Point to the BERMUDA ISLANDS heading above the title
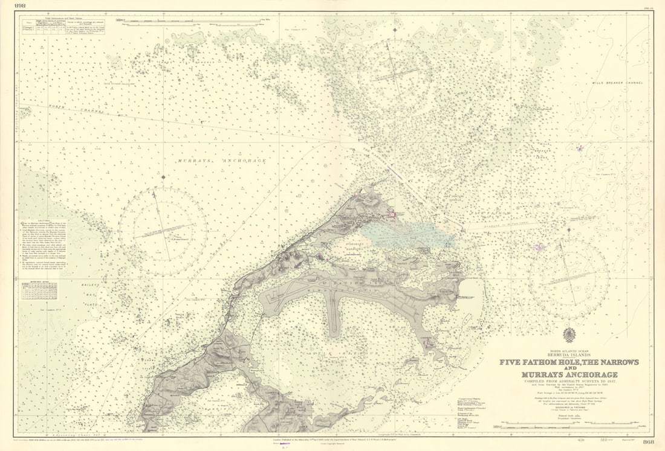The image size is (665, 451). [x=569, y=355]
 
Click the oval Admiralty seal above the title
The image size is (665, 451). [x=569, y=335]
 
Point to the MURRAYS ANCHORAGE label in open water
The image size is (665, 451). [x=222, y=161]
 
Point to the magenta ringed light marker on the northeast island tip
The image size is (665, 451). [x=392, y=213]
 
